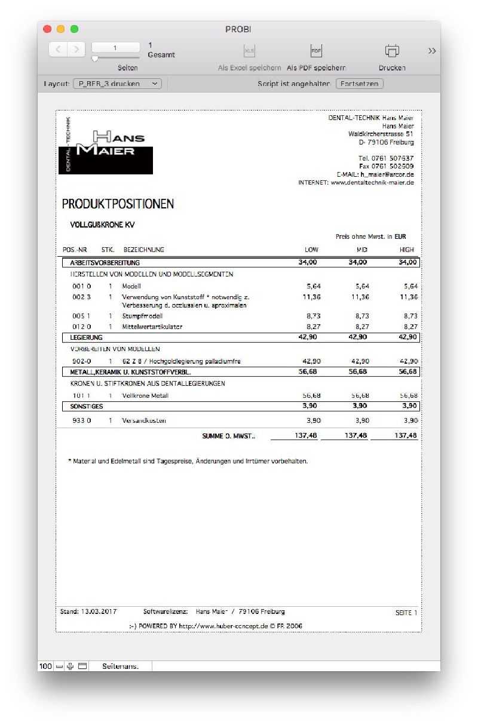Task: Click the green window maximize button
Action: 74,29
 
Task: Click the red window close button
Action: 48,29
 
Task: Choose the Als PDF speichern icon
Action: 316,51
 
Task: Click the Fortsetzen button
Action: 359,84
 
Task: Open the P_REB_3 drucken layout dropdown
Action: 117,84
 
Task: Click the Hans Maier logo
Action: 106,145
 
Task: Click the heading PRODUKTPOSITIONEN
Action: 118,204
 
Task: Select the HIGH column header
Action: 407,250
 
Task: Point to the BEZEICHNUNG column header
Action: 143,250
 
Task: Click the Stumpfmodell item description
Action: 142,316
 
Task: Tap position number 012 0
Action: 82,327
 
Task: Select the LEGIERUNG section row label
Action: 87,337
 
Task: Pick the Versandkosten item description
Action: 144,420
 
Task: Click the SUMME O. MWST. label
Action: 228,436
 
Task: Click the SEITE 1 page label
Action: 406,613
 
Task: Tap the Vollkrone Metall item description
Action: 145,395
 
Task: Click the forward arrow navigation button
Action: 76,50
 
